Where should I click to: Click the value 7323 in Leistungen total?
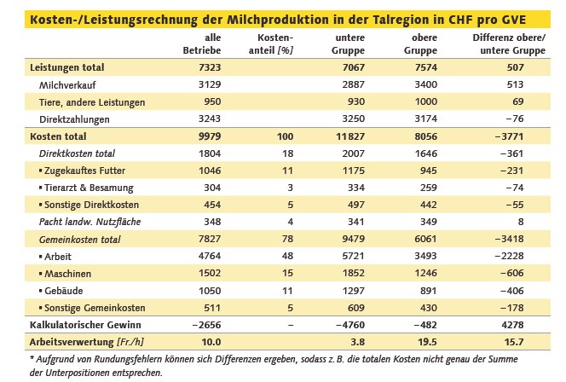(208, 67)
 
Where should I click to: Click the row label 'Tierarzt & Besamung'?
(87, 188)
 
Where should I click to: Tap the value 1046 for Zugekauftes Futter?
(208, 171)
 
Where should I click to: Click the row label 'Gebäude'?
(65, 290)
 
